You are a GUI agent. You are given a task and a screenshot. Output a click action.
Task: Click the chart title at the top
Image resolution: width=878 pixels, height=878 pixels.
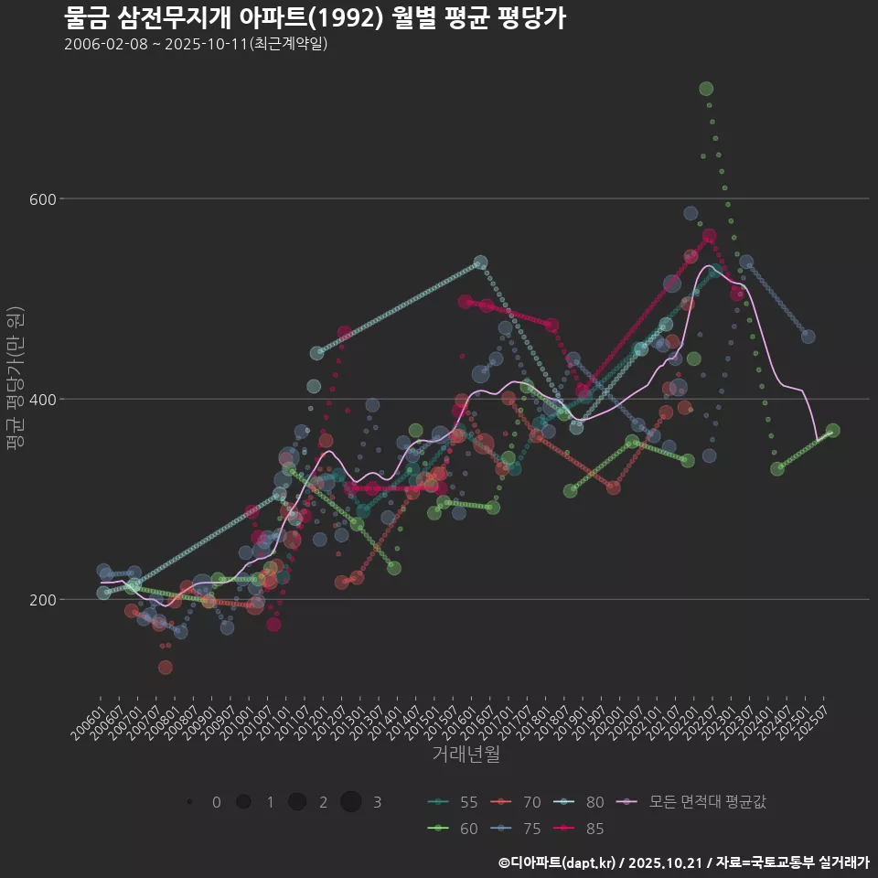(315, 18)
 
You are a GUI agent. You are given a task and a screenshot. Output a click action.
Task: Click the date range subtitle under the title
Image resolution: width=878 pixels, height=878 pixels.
(196, 44)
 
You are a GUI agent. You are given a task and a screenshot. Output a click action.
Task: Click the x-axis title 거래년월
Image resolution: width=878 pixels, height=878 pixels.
(466, 755)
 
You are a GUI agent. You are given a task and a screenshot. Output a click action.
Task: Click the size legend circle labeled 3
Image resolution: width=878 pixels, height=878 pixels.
(351, 802)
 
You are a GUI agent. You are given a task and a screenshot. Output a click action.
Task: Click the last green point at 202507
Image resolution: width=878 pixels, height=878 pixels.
(832, 431)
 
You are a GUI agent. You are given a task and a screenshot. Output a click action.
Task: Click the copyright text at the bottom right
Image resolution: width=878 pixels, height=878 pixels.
(683, 862)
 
